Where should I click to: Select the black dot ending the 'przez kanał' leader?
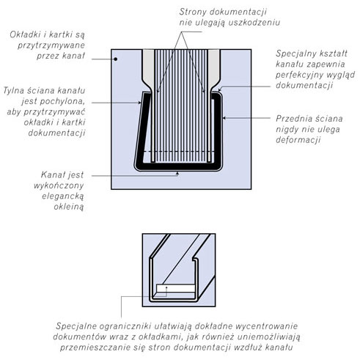[116, 59]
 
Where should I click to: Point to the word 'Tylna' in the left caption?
[13, 91]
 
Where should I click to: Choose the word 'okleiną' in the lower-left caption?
[69, 207]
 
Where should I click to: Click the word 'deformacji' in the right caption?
[298, 140]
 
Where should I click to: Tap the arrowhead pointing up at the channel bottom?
[177, 174]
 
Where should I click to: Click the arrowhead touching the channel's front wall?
[224, 118]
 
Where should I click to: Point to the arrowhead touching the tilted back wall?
[139, 103]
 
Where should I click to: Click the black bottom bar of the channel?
[178, 167]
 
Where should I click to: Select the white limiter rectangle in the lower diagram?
[176, 288]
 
